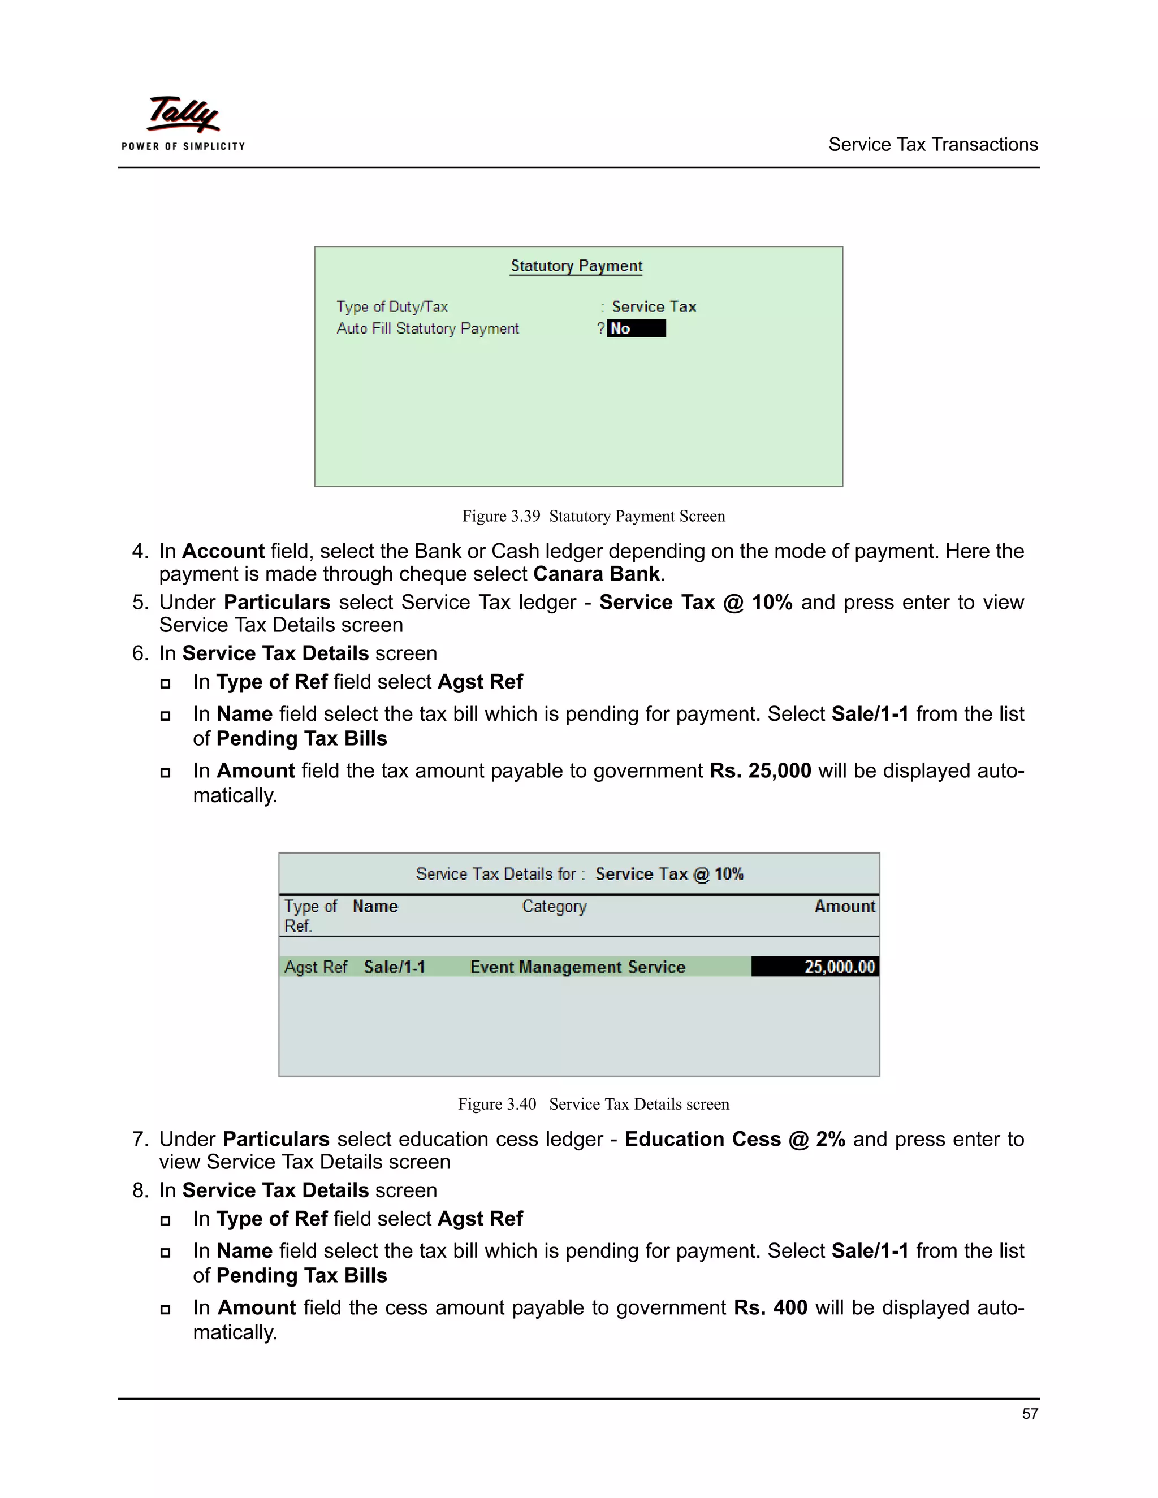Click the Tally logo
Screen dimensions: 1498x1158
point(183,122)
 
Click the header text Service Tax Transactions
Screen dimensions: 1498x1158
point(932,145)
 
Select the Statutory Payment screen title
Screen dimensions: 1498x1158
point(576,266)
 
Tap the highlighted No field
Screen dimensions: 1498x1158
point(636,328)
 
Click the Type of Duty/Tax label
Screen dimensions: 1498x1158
point(392,306)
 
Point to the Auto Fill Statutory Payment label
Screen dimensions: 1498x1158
point(427,328)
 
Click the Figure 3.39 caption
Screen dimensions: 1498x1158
point(593,517)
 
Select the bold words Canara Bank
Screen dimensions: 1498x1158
point(596,574)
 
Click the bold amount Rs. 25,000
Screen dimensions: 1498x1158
point(760,771)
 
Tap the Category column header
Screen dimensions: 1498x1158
point(554,907)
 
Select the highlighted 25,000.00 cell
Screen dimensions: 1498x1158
point(815,967)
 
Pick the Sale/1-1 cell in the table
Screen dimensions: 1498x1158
point(395,967)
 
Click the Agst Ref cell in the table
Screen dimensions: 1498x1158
point(316,967)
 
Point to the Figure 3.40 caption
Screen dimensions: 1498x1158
point(593,1105)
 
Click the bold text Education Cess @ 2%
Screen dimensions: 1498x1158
point(734,1139)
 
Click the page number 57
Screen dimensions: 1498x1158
point(1029,1414)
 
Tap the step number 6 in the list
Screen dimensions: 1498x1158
point(139,653)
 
